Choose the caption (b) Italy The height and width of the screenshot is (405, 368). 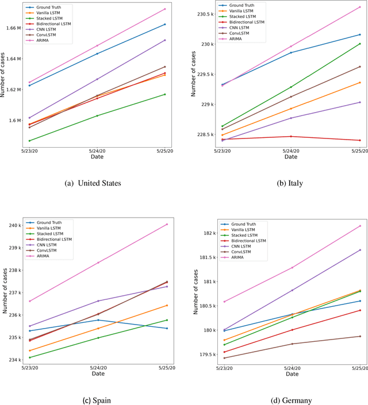click(x=290, y=183)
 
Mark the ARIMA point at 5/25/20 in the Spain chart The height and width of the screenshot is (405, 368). click(x=167, y=224)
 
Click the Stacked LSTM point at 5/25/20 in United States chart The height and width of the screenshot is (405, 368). click(x=165, y=94)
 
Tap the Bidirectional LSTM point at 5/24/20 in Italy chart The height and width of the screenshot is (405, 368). click(x=291, y=136)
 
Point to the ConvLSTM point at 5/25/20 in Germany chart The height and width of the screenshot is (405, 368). click(x=360, y=336)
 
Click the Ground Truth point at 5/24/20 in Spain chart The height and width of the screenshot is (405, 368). click(x=98, y=320)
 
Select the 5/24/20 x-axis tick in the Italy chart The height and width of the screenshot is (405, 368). click(x=291, y=151)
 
